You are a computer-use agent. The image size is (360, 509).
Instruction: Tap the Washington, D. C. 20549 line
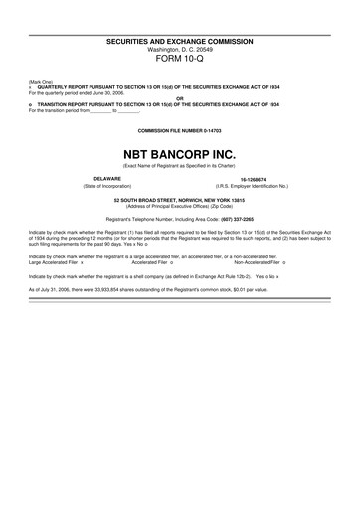point(180,49)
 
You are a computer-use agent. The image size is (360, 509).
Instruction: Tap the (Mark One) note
point(42,81)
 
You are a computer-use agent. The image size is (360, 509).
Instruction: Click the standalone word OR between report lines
point(180,97)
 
